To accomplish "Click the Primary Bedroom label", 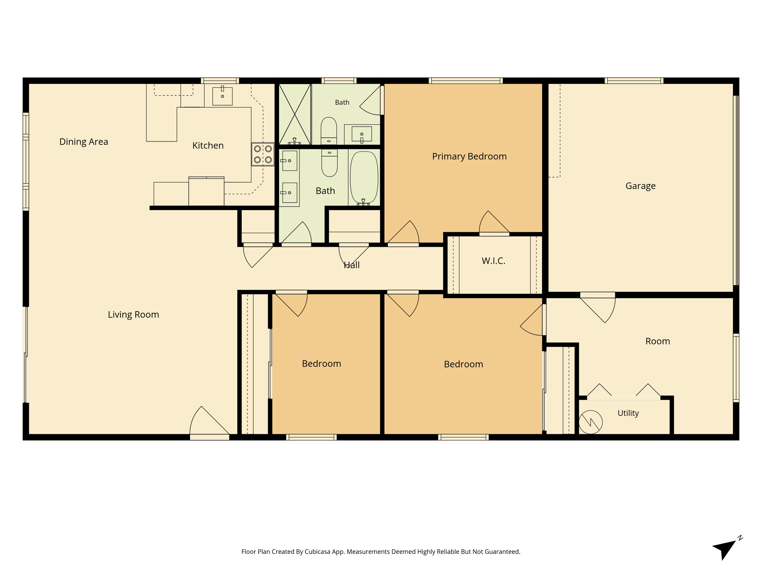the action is pyautogui.click(x=469, y=157).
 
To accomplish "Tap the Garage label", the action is pyautogui.click(x=640, y=186).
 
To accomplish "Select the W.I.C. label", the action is pyautogui.click(x=493, y=261).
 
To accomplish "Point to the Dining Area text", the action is pyautogui.click(x=84, y=142).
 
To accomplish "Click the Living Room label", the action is pyautogui.click(x=134, y=315).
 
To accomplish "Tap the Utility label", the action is pyautogui.click(x=628, y=413).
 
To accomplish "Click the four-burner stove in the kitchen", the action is pyautogui.click(x=263, y=154).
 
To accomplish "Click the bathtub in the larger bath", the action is pyautogui.click(x=364, y=178).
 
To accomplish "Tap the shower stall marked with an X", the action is pyautogui.click(x=295, y=114).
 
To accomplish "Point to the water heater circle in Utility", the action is pyautogui.click(x=590, y=422).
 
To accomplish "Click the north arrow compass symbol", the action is pyautogui.click(x=727, y=548).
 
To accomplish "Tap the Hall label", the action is pyautogui.click(x=352, y=265).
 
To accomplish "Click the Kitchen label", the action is pyautogui.click(x=208, y=146).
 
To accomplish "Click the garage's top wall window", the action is pyautogui.click(x=634, y=81).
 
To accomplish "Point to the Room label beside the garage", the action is pyautogui.click(x=657, y=341).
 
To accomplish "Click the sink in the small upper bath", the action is pyautogui.click(x=362, y=134).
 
